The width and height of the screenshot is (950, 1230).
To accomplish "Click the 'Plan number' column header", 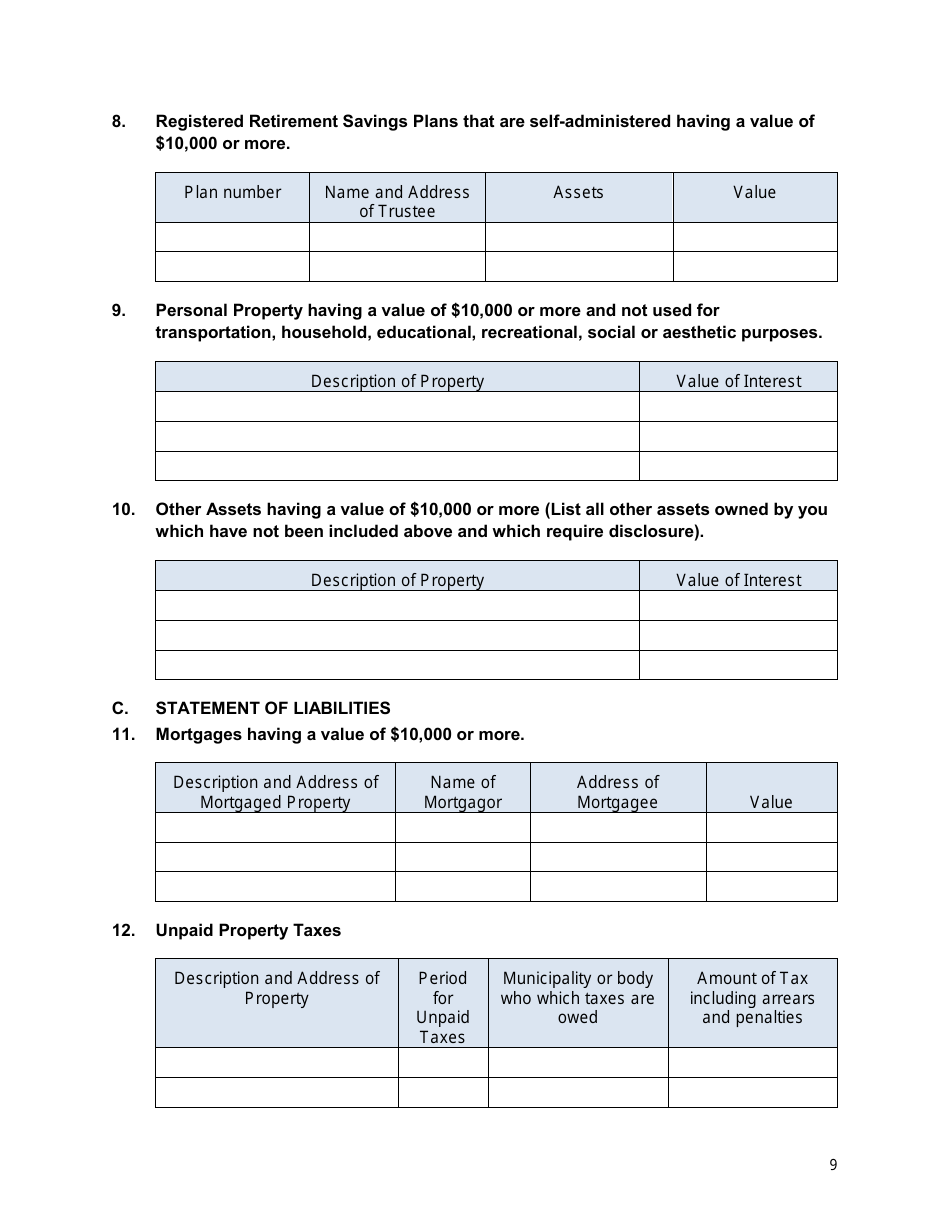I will (232, 192).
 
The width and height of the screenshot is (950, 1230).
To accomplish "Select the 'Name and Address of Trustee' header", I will (397, 201).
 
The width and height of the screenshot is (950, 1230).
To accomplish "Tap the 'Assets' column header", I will (578, 192).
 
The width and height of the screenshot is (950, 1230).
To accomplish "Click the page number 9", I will (833, 1164).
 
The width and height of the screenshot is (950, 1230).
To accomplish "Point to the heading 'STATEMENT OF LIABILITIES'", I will (273, 708).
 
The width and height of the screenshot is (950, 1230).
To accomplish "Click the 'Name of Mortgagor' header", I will (462, 792).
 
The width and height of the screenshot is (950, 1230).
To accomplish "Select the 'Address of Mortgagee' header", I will (617, 792).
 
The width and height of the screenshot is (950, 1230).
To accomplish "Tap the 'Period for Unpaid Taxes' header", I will (442, 1007).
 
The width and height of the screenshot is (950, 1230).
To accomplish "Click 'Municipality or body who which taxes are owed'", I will (577, 997).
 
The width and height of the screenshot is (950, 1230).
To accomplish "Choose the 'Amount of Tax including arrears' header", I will (752, 997).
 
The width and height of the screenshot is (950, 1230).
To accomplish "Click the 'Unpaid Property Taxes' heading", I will (248, 930).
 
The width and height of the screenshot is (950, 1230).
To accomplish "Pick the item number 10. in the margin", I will (123, 509).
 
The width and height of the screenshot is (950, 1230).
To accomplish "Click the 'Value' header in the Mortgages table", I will (770, 802).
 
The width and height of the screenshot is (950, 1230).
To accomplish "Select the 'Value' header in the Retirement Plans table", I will (754, 192).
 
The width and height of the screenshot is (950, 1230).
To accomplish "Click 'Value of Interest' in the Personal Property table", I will (738, 381).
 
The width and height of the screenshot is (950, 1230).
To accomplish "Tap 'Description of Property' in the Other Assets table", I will (397, 580).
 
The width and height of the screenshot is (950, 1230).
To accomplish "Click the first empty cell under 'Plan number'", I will (232, 237).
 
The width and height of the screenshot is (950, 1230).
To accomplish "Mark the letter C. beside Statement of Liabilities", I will (120, 708).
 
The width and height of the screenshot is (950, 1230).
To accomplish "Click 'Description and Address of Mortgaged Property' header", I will (275, 792).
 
